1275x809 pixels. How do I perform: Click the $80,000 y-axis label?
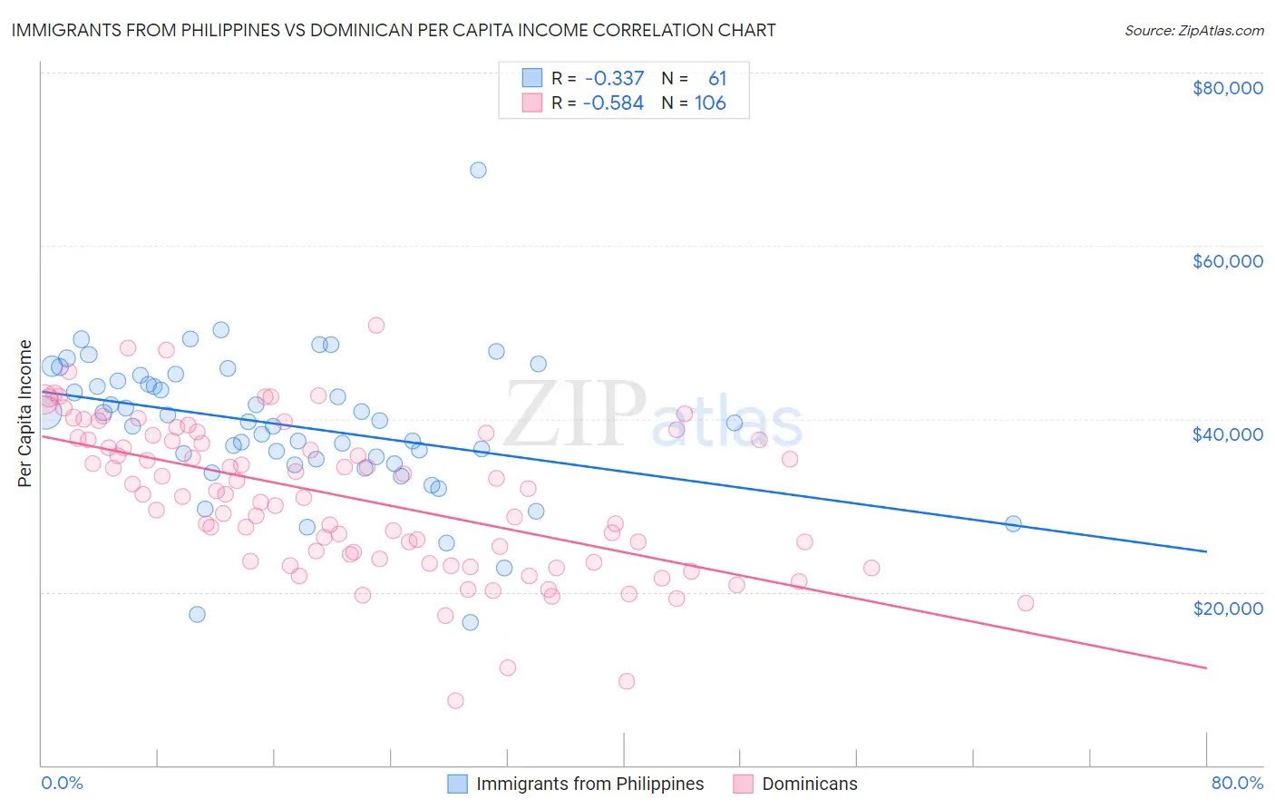click(1227, 88)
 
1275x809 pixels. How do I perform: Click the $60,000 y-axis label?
click(1227, 261)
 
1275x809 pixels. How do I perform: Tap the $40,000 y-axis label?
click(1227, 434)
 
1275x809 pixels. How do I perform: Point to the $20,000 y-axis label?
click(1227, 608)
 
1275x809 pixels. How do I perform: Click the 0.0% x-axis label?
click(62, 783)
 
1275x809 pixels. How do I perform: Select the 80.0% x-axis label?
click(1237, 783)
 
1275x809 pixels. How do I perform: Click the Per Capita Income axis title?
click(25, 414)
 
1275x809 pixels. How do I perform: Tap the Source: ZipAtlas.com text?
click(1193, 30)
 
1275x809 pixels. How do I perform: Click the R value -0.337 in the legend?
click(614, 79)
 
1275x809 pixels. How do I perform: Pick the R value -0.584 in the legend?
click(613, 103)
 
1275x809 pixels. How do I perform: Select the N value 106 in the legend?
click(710, 103)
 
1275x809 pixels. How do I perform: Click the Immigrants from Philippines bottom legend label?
click(589, 784)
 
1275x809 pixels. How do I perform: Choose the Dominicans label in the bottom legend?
click(809, 784)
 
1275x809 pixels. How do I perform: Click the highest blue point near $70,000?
click(478, 170)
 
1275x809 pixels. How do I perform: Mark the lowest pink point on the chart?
click(455, 700)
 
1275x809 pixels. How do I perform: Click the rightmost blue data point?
click(1013, 523)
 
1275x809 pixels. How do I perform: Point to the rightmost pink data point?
click(1026, 603)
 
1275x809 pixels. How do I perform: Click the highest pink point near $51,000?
click(376, 325)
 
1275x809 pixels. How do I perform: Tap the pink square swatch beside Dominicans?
click(744, 784)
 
